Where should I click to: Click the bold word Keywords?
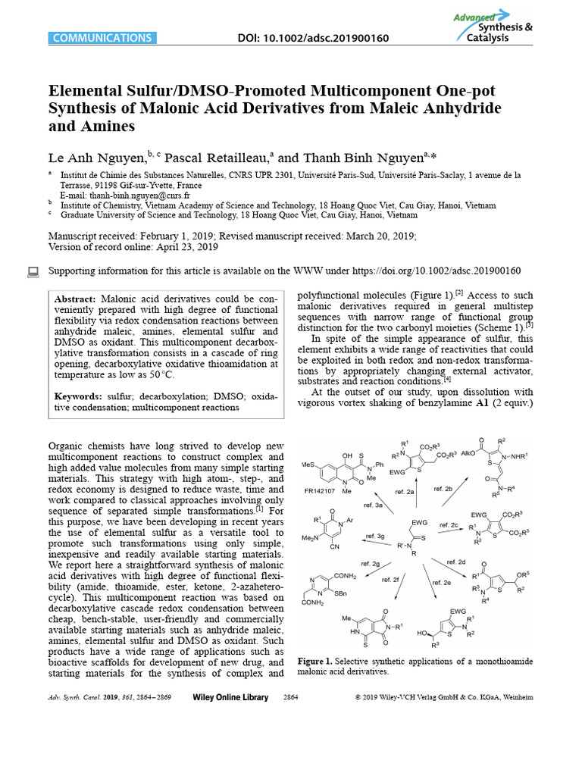(x=79, y=396)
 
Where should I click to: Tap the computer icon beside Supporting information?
(x=33, y=271)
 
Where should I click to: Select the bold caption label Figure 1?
(x=315, y=662)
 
